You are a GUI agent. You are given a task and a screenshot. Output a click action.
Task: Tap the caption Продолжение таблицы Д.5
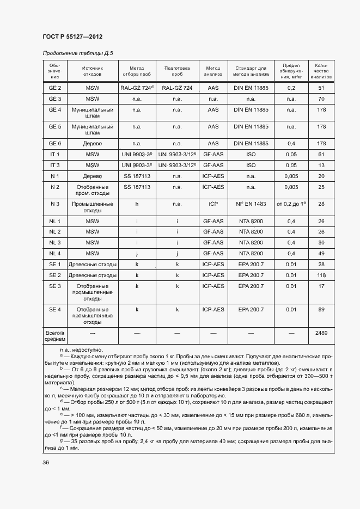77,53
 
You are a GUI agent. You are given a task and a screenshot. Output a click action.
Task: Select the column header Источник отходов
93,71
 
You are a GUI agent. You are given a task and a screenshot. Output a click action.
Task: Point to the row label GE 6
55,143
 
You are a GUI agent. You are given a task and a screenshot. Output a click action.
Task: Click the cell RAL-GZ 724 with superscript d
137,88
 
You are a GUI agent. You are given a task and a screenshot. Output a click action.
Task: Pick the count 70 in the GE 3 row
321,99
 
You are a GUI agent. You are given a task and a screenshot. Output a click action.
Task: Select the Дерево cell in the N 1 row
93,176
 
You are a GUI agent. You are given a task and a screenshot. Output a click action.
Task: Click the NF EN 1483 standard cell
251,204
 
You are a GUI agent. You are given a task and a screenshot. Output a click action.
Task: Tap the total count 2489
321,332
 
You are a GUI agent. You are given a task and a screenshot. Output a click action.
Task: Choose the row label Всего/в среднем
55,335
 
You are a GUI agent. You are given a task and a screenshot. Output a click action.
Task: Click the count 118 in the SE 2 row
321,275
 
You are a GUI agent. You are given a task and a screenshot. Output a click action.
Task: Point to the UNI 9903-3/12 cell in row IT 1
177,154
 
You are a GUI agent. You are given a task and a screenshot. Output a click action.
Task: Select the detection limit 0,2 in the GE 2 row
291,88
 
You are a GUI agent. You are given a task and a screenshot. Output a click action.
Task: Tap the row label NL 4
55,253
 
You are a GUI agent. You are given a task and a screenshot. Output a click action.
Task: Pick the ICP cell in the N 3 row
213,204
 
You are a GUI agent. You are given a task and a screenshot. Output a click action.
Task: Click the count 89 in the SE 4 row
321,309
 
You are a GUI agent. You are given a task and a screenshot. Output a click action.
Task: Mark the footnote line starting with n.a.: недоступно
83,350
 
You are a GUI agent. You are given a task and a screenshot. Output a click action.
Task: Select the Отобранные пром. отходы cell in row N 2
93,190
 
